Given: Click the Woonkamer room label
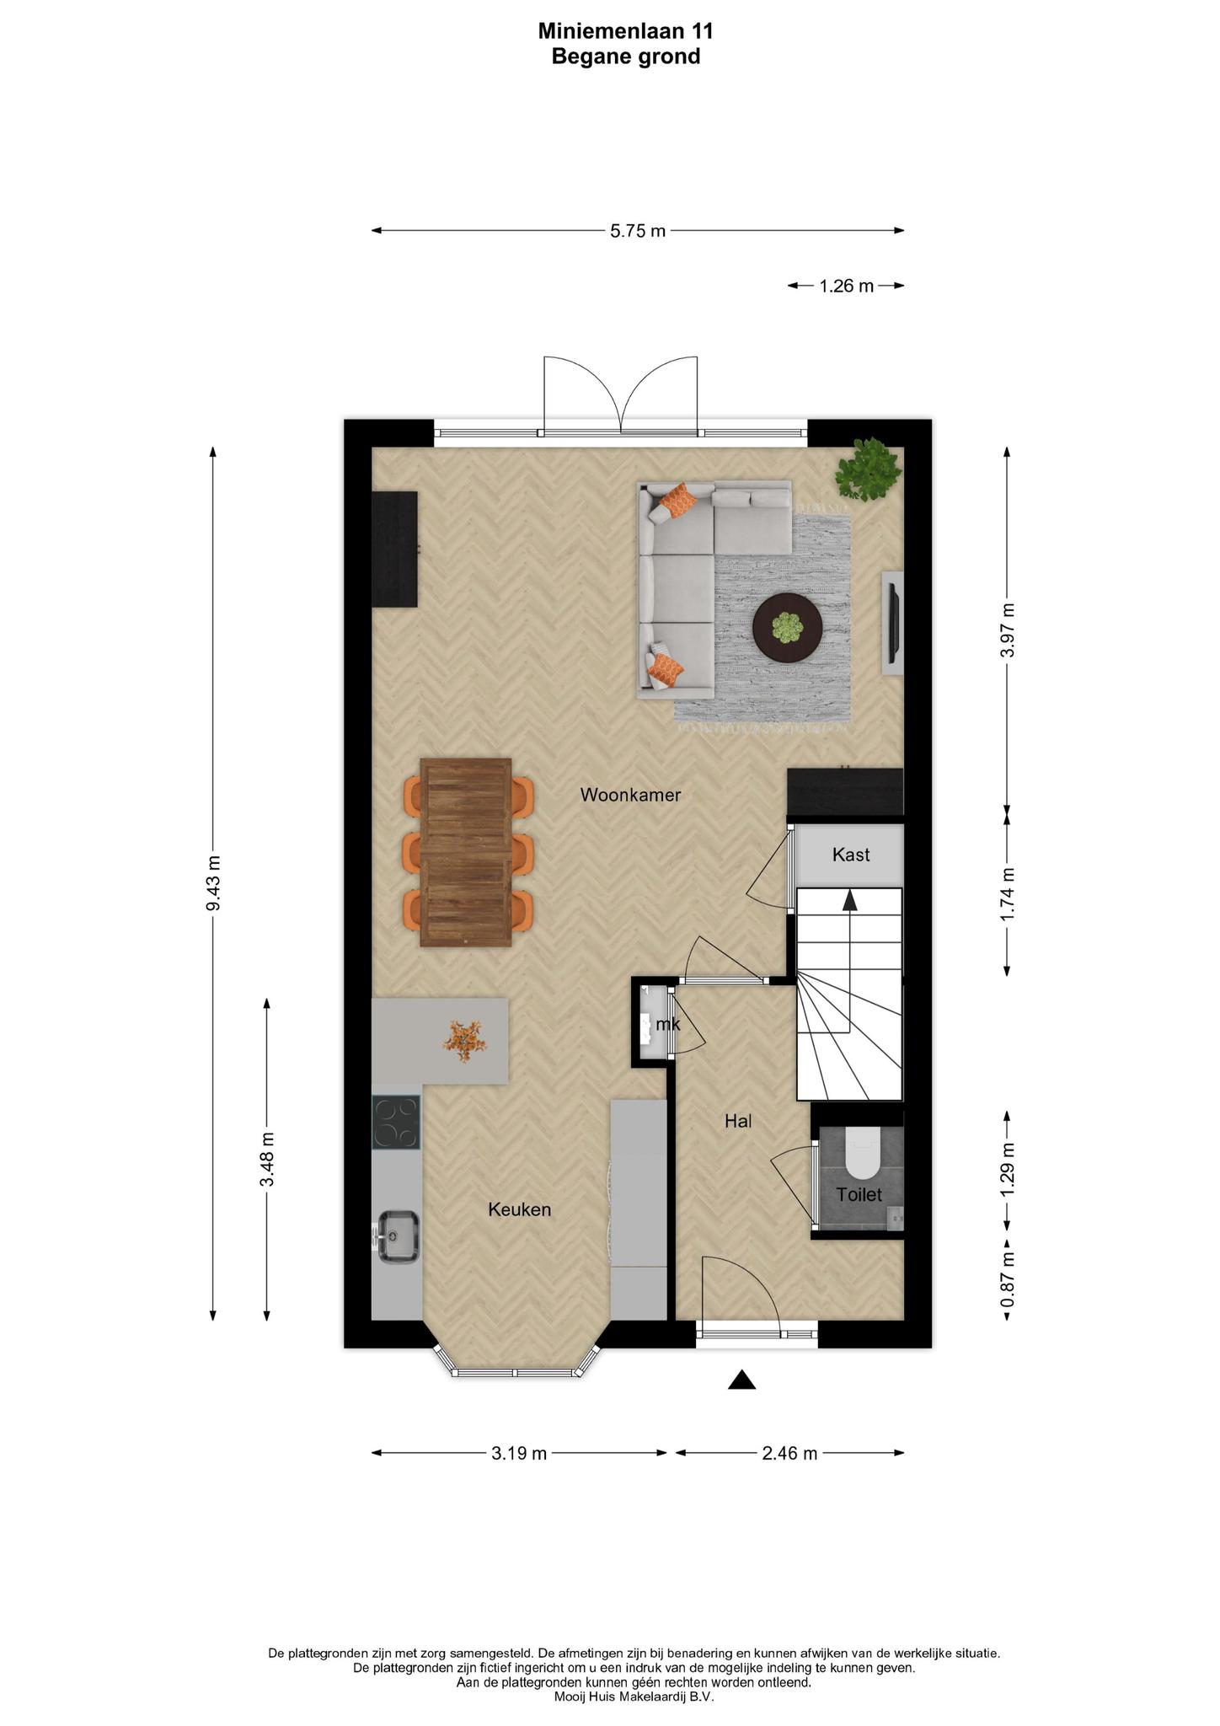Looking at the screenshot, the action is point(630,795).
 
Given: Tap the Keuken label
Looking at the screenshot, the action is point(520,1209).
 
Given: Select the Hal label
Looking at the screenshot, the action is point(738,1121).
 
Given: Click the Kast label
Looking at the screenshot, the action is point(851,855).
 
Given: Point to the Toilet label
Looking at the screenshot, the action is point(859,1194).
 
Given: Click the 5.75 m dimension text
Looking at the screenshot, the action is point(638,231).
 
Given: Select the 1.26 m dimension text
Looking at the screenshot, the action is point(847,287).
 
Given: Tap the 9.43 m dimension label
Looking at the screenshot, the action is point(213,882).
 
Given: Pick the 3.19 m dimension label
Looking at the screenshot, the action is point(519,1453).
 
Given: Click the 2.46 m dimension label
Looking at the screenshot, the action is point(790,1453).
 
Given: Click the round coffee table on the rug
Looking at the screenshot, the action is point(787,628).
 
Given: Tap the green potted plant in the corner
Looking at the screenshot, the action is point(868,469).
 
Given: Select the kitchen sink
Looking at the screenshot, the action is point(398,1237).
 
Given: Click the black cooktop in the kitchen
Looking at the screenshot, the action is point(396,1123).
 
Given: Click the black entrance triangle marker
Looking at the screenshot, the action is point(741,1379).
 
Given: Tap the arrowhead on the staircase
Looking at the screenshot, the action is point(850,901).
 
